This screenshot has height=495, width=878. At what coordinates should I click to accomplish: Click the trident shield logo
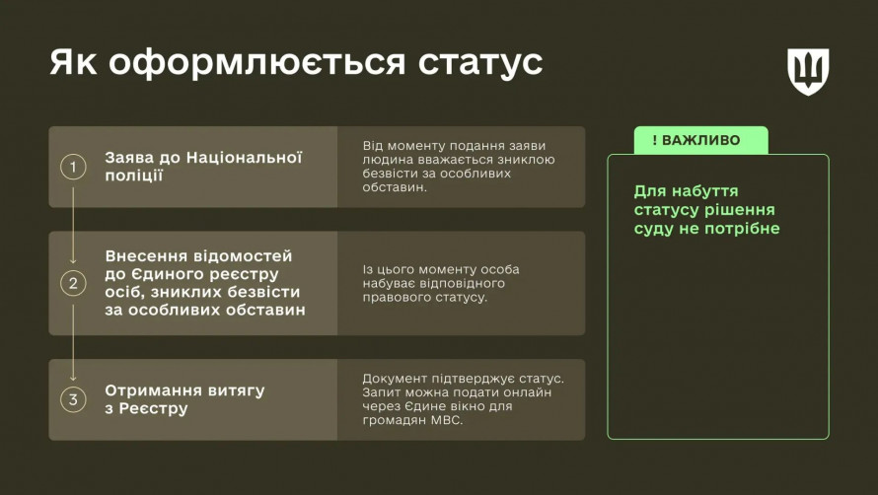(x=808, y=71)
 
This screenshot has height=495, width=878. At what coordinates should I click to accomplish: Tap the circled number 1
(x=73, y=167)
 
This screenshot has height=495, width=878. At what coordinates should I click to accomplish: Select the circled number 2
(x=73, y=283)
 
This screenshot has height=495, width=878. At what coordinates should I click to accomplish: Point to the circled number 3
(x=73, y=399)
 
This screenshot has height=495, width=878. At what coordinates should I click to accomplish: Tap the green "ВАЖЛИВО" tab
(x=701, y=140)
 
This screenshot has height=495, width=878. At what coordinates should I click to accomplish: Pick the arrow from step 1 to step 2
(x=73, y=226)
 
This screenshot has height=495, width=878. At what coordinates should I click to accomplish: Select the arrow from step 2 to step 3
(x=73, y=343)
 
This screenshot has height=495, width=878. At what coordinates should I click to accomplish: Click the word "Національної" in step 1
(x=244, y=158)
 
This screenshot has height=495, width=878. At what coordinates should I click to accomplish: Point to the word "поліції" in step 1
(x=133, y=176)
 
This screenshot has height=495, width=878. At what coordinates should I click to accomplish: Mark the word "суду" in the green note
(x=652, y=229)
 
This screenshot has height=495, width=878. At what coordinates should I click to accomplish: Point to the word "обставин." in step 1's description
(x=395, y=187)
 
